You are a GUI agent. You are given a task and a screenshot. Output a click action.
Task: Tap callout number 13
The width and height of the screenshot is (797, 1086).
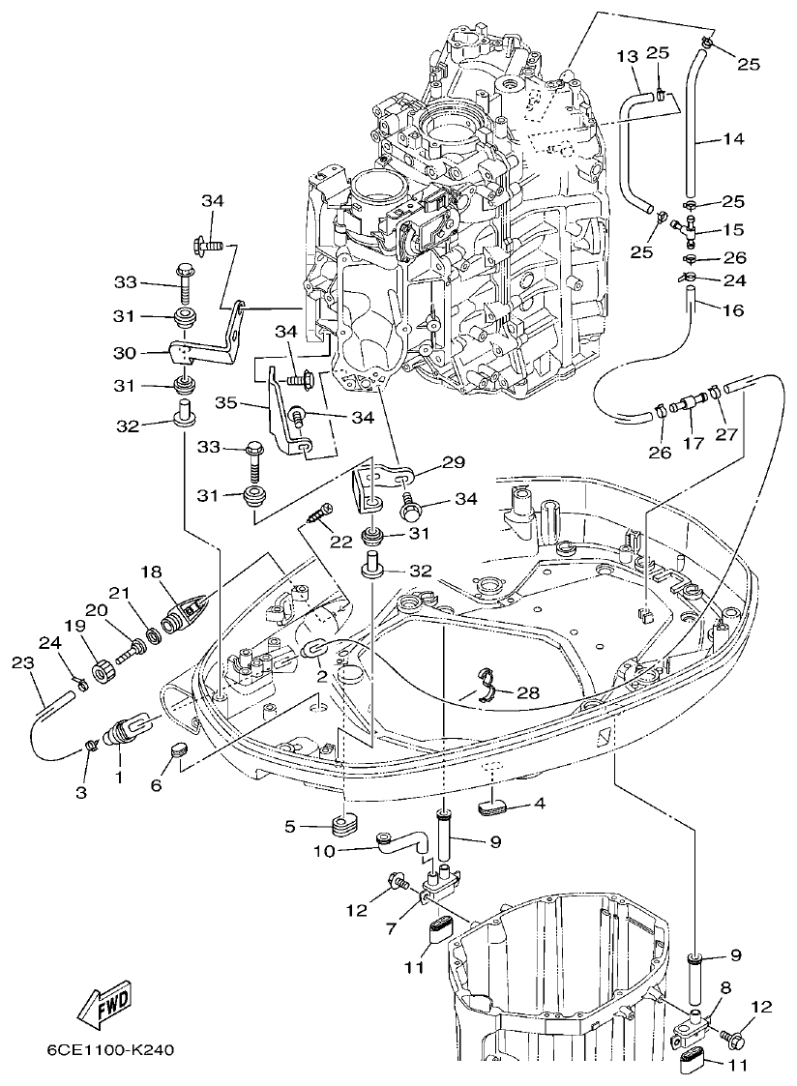coord(627,56)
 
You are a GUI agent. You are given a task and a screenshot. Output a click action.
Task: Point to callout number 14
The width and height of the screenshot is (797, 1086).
coord(733,138)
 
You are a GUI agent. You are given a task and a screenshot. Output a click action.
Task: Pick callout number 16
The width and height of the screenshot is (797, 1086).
coord(733,309)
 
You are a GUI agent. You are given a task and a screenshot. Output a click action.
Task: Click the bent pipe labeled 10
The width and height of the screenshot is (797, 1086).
coord(405,843)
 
